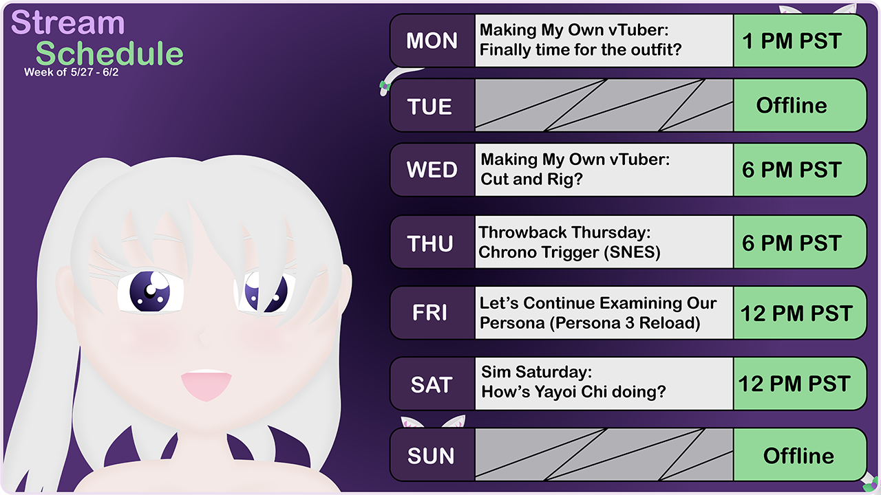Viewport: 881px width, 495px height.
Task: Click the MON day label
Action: tap(432, 41)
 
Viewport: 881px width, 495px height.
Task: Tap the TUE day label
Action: tap(429, 107)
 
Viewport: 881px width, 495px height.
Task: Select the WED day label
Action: tap(432, 170)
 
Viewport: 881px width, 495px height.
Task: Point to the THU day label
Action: tap(430, 243)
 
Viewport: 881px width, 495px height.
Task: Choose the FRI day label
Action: tap(429, 313)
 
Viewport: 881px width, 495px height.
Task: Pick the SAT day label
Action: tap(431, 385)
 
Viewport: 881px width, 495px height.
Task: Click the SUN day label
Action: tap(431, 456)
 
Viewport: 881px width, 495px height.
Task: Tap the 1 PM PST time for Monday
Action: tap(792, 41)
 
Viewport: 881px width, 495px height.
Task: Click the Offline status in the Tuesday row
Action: tap(792, 105)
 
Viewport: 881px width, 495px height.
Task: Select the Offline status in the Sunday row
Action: tap(798, 456)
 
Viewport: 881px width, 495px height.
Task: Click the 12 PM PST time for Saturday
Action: tap(794, 384)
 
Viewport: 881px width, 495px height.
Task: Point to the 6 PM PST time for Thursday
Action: tap(792, 243)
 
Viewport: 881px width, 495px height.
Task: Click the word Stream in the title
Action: tap(68, 23)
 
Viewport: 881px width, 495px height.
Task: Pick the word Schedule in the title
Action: tap(109, 54)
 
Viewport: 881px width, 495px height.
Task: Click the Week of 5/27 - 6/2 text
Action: tap(75, 72)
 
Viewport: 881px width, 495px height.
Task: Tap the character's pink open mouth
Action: tap(205, 385)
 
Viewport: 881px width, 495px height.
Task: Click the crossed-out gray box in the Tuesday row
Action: tap(604, 105)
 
